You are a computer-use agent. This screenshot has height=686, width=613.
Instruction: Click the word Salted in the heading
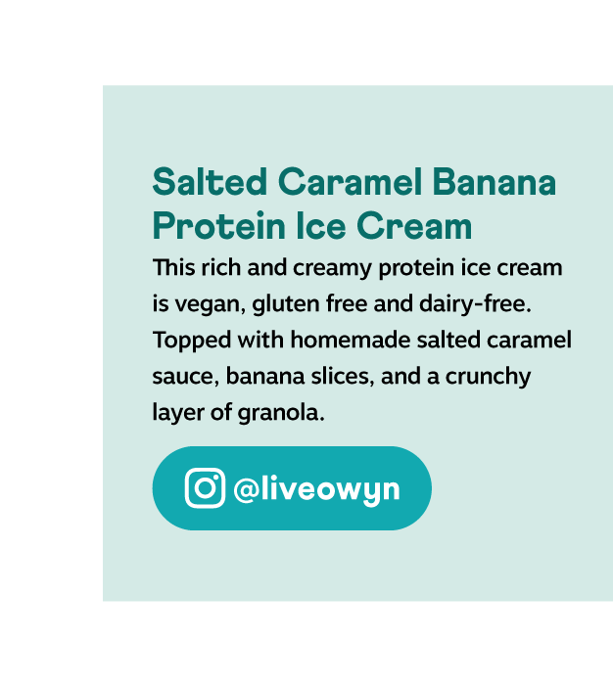click(210, 182)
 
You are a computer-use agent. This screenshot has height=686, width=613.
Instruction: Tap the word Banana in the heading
click(495, 182)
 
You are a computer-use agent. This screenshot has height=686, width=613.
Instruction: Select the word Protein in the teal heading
click(219, 226)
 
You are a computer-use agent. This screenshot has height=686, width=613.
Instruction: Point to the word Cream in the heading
click(414, 226)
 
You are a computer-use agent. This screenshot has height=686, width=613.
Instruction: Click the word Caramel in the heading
click(350, 182)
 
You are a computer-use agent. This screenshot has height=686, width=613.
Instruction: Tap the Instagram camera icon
click(205, 487)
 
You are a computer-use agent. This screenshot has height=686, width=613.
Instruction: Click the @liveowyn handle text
click(316, 489)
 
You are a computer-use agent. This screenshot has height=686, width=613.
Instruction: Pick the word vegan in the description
click(211, 305)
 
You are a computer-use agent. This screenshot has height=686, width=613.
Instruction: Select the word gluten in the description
click(286, 305)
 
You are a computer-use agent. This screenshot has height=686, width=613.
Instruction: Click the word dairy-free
click(475, 303)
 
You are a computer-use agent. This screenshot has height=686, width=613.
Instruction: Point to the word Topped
click(192, 341)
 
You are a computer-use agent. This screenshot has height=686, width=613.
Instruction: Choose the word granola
click(281, 413)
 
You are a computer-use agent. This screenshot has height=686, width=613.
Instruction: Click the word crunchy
click(488, 377)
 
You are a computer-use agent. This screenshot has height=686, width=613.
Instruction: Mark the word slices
click(343, 376)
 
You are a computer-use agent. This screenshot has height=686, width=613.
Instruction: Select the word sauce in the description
click(186, 378)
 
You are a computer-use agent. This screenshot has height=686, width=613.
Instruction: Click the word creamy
click(332, 268)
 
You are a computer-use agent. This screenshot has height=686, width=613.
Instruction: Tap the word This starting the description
click(173, 267)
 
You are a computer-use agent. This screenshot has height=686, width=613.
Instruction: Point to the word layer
click(178, 413)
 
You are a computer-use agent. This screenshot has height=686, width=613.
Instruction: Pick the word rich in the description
click(220, 267)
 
